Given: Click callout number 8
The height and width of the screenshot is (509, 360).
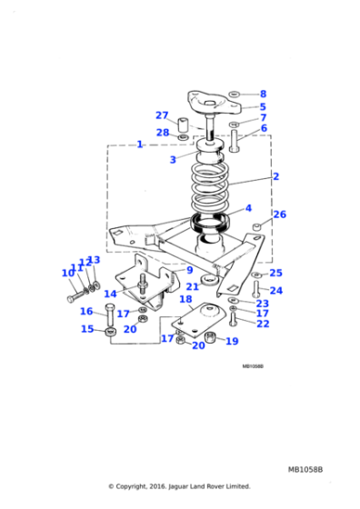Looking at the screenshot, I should pos(263,94).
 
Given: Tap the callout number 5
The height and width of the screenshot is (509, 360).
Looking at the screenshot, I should pos(263,106).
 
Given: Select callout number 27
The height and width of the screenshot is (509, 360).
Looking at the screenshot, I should pos(162,115).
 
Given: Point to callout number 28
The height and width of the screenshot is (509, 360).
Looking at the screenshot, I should pos(162,134).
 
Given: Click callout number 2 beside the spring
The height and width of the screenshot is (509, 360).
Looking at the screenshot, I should pos(275,176).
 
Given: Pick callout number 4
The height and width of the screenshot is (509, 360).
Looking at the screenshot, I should pos(247,208).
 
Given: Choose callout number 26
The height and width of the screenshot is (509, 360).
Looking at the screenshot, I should pos(280,215).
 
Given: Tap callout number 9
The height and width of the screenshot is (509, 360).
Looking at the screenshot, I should pos(190,270).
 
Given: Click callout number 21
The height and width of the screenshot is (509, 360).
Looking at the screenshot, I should pos(193,286).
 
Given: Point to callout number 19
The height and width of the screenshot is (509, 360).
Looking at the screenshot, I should pos(232,342).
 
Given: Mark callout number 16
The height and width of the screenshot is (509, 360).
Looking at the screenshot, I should pos(86,312).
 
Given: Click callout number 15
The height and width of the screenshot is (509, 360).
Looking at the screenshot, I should pos(87,329).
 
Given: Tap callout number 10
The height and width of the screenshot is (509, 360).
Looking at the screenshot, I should pos(67,274).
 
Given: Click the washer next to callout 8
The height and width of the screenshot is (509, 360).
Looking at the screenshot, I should pos(235,94).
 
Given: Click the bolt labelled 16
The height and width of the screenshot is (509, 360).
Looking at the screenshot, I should pos(109,319).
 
